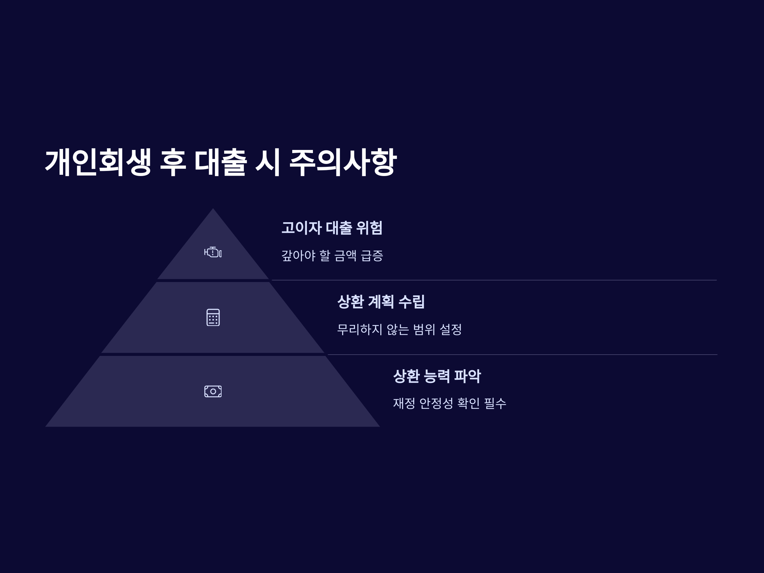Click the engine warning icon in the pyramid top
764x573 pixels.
(x=213, y=252)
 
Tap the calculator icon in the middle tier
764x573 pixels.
(x=213, y=317)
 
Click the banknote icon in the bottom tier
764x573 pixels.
(x=213, y=391)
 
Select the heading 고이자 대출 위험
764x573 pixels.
(x=332, y=228)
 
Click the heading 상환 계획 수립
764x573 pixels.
(x=381, y=301)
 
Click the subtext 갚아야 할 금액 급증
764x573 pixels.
(x=332, y=256)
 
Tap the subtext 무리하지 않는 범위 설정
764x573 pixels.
(x=399, y=329)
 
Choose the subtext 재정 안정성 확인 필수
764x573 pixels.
(x=449, y=403)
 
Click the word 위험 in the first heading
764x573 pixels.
(x=369, y=228)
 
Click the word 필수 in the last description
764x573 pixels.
(x=495, y=403)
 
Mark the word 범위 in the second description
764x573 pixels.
(x=424, y=329)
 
